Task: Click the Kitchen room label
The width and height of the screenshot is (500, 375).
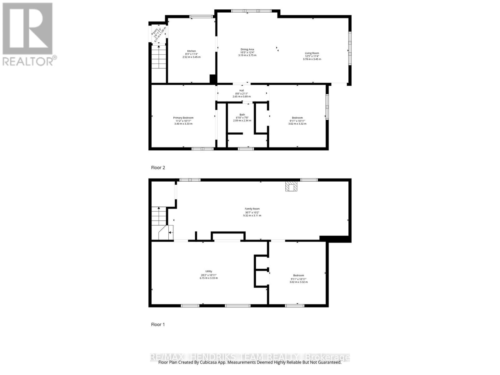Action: [191, 51]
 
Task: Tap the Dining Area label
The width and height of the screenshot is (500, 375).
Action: [247, 49]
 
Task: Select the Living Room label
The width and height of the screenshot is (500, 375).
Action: [312, 53]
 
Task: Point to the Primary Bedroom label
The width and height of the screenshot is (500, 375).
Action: [183, 118]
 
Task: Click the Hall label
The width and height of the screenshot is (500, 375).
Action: [242, 91]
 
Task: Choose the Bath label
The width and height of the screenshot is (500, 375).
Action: [242, 115]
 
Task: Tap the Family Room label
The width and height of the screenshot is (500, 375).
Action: [252, 209]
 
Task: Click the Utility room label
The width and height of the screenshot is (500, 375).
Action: [209, 271]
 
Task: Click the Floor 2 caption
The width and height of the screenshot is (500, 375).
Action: [158, 167]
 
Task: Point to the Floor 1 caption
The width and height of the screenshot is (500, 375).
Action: [158, 324]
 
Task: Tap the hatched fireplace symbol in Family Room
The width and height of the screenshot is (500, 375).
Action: [291, 187]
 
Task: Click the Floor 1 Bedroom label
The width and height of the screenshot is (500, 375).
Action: [298, 275]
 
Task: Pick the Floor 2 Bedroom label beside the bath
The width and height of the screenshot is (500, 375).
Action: [297, 118]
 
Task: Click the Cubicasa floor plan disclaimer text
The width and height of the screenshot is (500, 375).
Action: [250, 362]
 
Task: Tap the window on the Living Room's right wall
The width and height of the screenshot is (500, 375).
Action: [350, 46]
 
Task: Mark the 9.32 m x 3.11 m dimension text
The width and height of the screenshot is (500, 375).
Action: [252, 216]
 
